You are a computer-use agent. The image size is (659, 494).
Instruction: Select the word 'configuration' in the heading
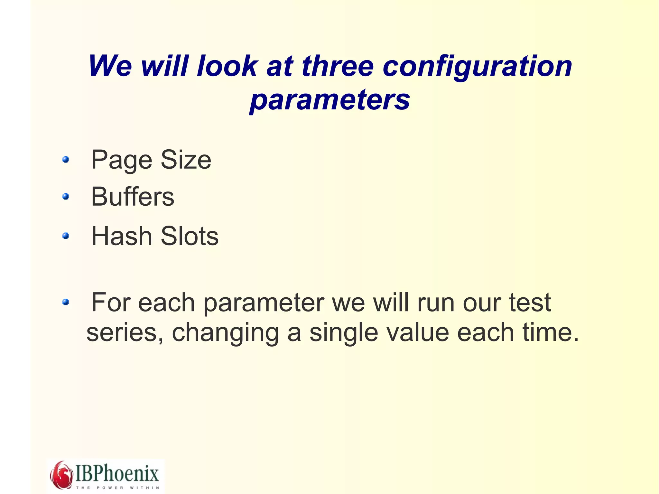[478, 67]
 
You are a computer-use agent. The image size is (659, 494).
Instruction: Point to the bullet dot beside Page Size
[66, 160]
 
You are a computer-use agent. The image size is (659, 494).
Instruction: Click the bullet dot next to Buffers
[66, 196]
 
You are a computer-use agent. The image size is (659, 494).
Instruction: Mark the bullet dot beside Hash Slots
[66, 236]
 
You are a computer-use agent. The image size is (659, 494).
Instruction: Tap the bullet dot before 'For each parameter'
[66, 302]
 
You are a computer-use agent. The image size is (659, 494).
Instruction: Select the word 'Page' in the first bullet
[121, 160]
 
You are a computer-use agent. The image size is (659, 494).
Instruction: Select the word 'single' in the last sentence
[344, 333]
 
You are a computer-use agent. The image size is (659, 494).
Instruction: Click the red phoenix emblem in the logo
[61, 474]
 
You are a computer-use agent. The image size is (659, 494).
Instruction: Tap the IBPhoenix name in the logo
[117, 473]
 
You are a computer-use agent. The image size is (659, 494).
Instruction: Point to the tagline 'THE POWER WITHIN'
[117, 488]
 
